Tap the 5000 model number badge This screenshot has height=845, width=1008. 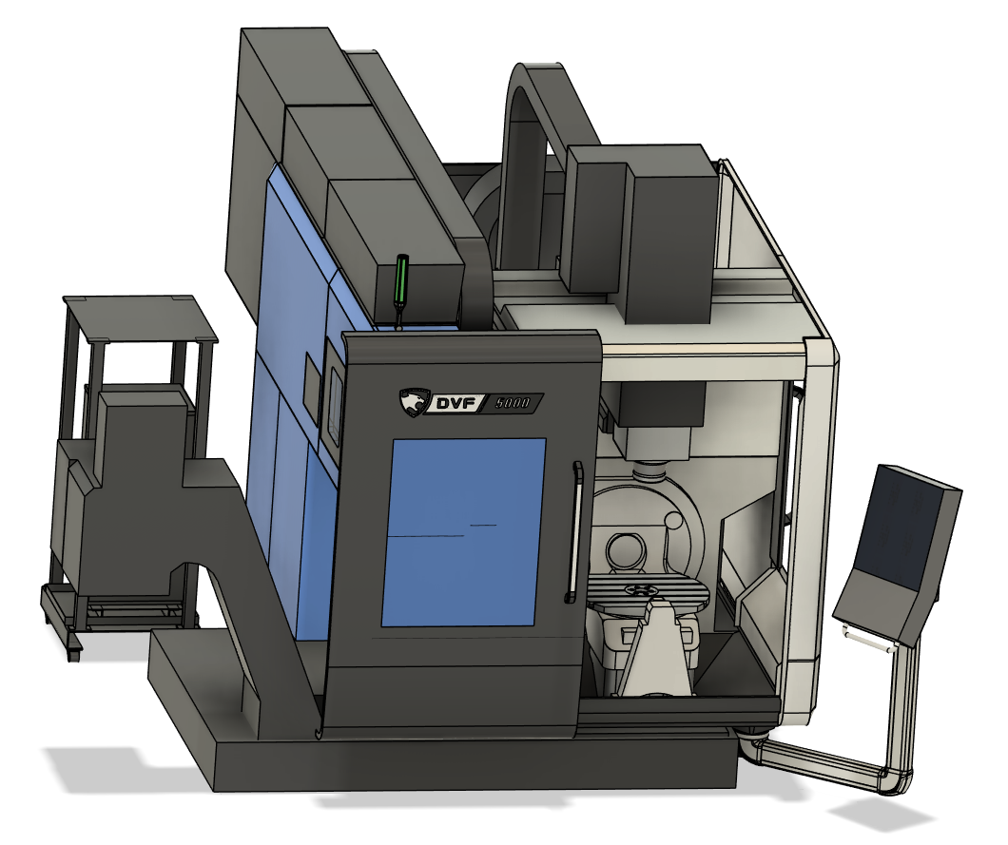(513, 403)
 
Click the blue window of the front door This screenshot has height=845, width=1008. (463, 532)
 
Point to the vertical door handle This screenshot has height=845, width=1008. (573, 532)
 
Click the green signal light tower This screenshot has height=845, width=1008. (402, 281)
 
